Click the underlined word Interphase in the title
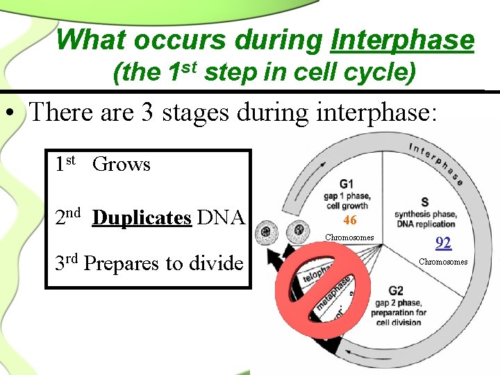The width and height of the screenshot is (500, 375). click(x=403, y=40)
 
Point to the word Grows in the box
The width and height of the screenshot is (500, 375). click(x=121, y=165)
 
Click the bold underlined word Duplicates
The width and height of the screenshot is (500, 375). click(x=142, y=218)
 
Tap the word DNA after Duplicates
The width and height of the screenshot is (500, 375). click(x=220, y=218)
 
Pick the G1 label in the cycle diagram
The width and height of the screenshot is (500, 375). click(x=347, y=184)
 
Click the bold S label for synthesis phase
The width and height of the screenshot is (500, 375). click(x=424, y=201)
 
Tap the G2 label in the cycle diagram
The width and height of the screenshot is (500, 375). click(x=396, y=291)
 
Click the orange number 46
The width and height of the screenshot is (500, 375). click(x=350, y=221)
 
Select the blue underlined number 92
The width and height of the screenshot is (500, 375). click(x=443, y=244)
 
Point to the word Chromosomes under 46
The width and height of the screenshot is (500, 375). click(x=350, y=237)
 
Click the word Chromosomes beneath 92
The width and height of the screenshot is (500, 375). click(x=443, y=262)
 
